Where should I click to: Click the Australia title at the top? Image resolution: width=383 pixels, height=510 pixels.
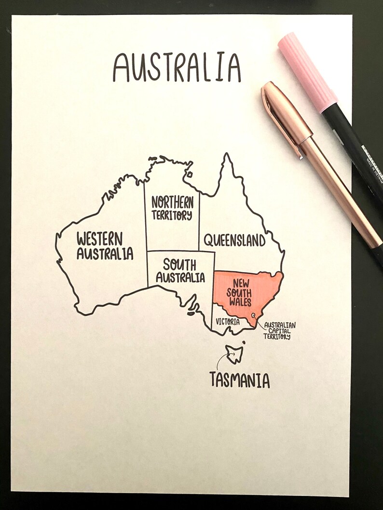tap(177, 67)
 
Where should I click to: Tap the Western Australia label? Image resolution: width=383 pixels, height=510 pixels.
tap(105, 246)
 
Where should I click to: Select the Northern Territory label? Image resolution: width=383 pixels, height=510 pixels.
tap(172, 208)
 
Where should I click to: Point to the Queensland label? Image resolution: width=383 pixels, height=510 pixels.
tap(234, 240)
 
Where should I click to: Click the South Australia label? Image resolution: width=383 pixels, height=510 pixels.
tap(180, 271)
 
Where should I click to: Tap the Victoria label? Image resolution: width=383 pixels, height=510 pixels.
tap(227, 321)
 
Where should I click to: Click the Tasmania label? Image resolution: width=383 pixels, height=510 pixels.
tap(239, 380)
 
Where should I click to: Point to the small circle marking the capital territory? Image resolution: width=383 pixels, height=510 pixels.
tap(253, 315)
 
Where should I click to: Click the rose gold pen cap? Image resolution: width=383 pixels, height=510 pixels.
tap(285, 118)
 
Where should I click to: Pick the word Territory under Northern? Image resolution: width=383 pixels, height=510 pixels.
tap(172, 215)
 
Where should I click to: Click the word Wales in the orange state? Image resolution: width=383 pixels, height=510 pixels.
tap(240, 302)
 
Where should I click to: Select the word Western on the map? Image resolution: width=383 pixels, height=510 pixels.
tap(100, 238)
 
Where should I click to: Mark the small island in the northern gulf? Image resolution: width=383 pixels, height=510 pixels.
tap(191, 174)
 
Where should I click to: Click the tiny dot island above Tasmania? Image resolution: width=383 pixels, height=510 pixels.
tap(244, 343)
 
